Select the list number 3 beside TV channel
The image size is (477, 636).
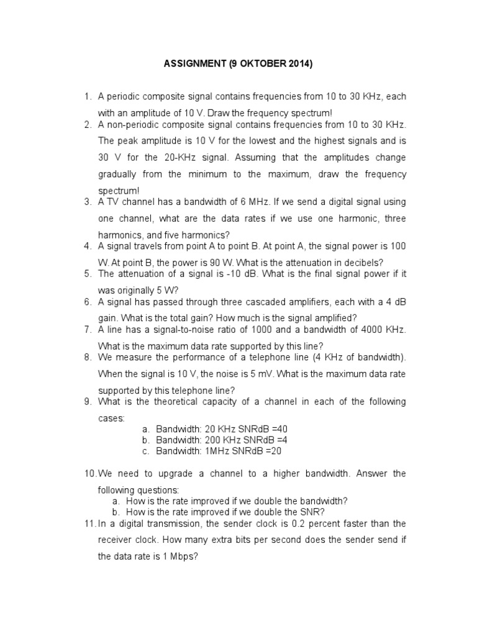87,202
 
